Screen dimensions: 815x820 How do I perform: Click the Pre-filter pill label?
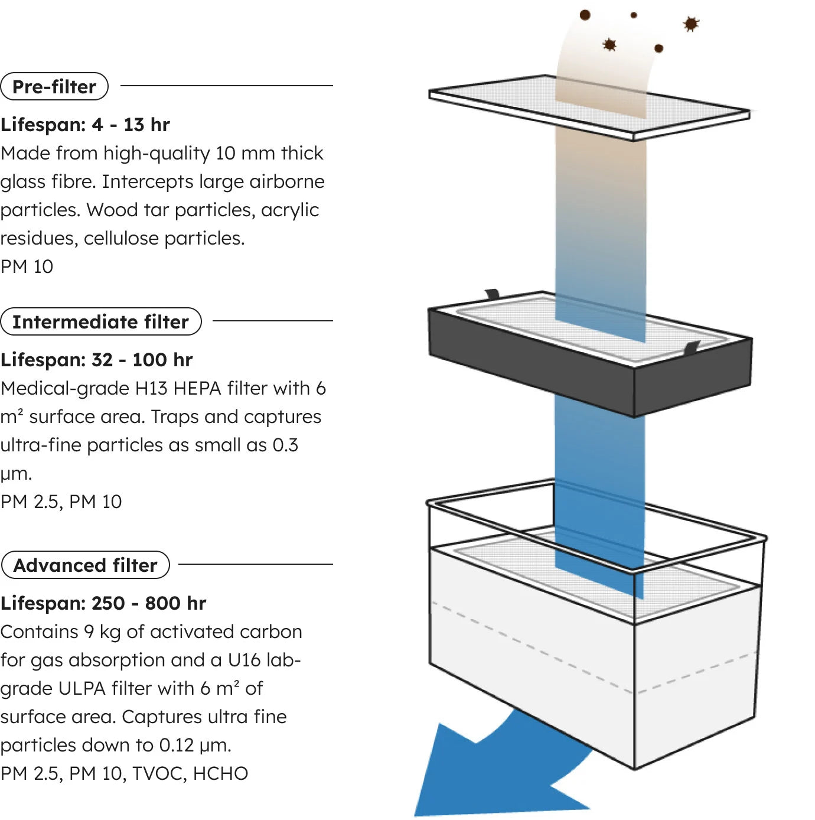pos(54,86)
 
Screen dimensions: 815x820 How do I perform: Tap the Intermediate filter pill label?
pos(101,322)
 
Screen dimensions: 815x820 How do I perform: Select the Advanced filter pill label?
pos(86,565)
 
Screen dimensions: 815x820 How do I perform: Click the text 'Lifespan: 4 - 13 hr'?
pos(85,125)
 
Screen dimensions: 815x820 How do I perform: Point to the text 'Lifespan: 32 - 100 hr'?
pos(97,360)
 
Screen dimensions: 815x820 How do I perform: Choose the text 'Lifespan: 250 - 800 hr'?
pos(103,603)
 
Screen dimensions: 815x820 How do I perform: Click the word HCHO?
pos(220,773)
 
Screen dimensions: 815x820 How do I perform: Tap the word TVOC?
pos(159,773)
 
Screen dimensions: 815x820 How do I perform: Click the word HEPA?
pos(197,388)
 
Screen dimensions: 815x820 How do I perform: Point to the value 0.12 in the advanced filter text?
pos(177,745)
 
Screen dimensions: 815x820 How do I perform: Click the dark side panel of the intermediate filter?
pos(531,362)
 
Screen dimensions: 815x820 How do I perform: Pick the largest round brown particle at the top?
pos(585,15)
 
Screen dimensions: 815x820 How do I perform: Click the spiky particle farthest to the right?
pos(691,24)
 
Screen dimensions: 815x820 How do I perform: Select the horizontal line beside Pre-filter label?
pos(226,86)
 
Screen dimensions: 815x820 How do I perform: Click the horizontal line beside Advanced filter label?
pos(255,564)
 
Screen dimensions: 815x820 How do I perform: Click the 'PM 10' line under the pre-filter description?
pos(27,267)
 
